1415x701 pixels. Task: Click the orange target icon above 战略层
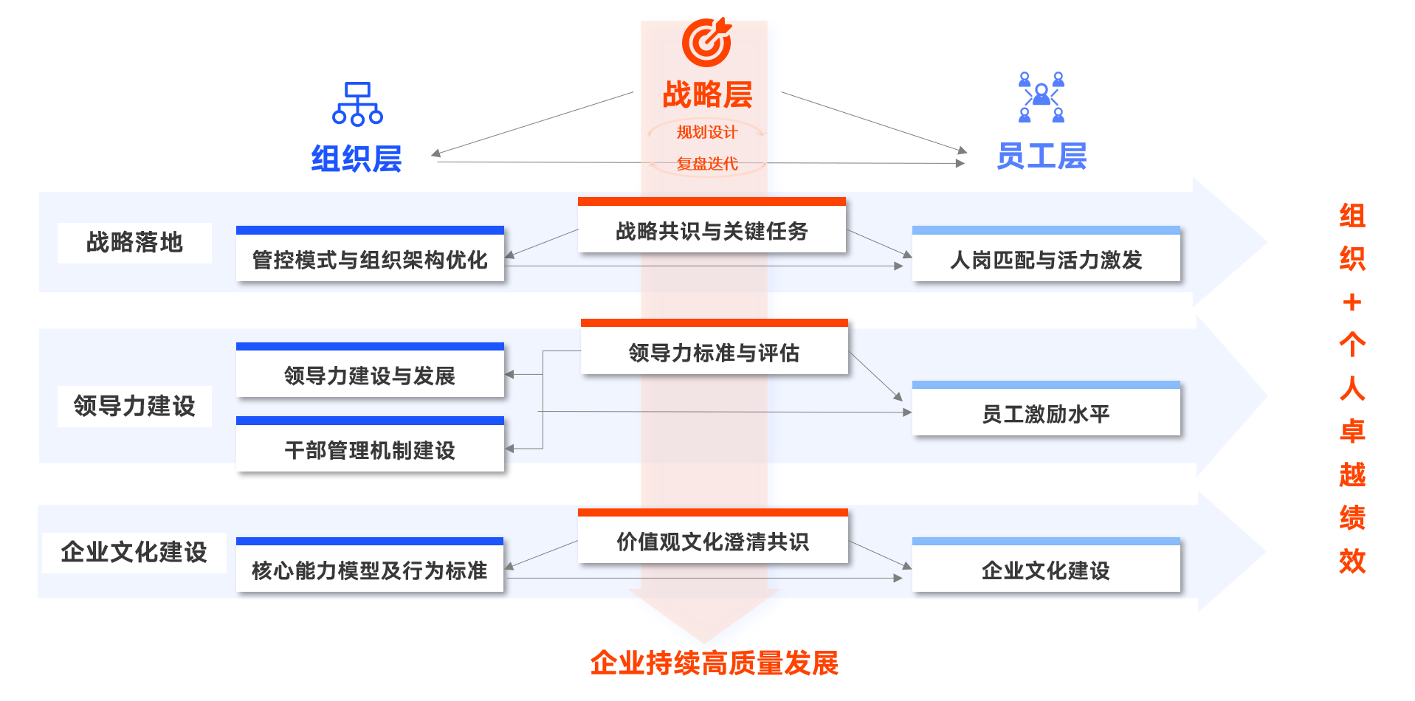coord(706,42)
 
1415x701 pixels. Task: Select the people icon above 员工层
coord(1041,97)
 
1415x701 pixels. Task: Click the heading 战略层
coord(707,94)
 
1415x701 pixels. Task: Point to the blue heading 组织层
coord(356,159)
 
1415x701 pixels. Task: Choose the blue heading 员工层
coord(1041,156)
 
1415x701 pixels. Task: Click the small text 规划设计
coord(707,132)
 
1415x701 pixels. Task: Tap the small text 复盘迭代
coord(707,164)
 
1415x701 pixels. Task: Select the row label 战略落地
coord(134,243)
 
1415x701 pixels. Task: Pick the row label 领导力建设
coord(134,406)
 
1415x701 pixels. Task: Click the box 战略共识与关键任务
coord(712,230)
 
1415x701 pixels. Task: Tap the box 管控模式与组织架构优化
coord(370,258)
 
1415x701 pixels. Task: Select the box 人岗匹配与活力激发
coord(1046,258)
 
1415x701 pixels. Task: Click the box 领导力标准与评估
coord(714,352)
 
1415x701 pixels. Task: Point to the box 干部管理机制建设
coord(370,449)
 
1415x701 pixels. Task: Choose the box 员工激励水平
coord(1046,413)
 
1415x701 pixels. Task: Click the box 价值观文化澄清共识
coord(712,541)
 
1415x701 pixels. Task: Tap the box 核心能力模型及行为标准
coord(370,570)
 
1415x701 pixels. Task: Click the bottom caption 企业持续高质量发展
coord(714,663)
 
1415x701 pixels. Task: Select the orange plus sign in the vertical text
coord(1352,302)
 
